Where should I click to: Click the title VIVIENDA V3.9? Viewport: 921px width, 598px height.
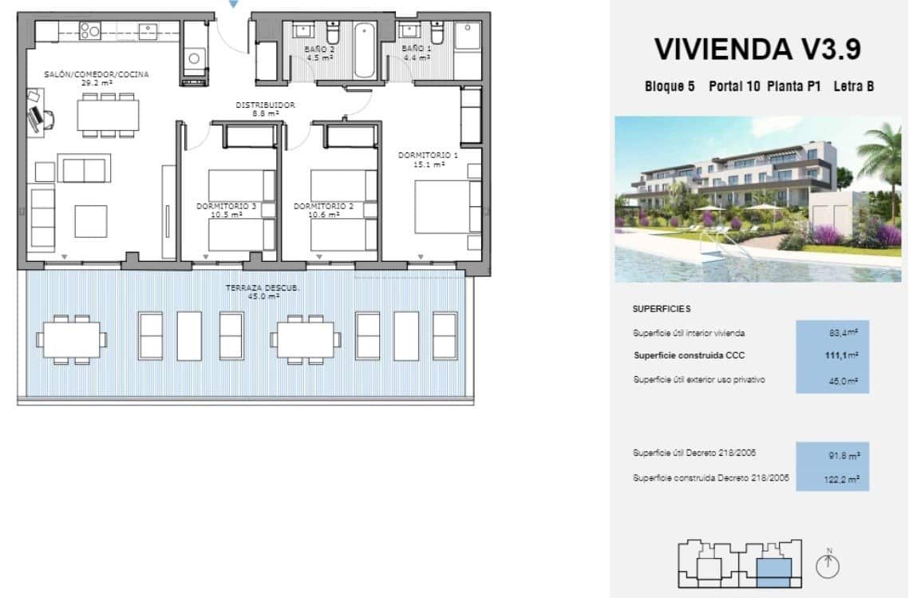coord(757,50)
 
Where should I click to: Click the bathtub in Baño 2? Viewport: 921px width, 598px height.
coord(364,50)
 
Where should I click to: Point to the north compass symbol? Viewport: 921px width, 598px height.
coord(829,565)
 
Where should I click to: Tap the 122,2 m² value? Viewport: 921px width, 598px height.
coord(842,480)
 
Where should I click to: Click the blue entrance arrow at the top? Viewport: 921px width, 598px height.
coord(233,4)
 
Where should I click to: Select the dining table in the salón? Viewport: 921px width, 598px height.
coord(108,114)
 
